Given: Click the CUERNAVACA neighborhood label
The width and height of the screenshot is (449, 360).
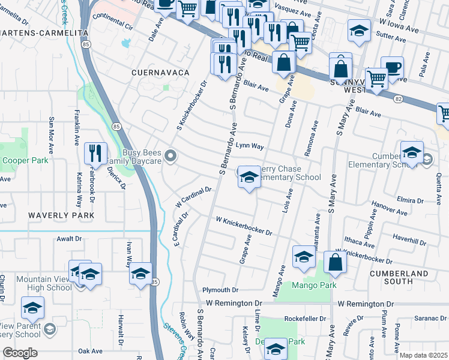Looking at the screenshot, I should tap(160, 72).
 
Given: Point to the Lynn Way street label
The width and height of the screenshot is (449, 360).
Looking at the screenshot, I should tap(250, 146).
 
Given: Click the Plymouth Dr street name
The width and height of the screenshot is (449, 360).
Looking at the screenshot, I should tap(220, 290).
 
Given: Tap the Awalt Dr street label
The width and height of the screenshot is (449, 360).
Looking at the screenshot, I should tap(68, 238).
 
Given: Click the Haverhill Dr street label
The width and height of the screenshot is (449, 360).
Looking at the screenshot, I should tap(406, 239).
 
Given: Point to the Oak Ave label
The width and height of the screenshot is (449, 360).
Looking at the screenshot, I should tap(91, 351).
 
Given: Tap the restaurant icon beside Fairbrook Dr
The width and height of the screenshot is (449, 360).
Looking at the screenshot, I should tap(95, 154).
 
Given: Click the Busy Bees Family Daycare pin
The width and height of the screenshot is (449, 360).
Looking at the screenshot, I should tap(170, 157).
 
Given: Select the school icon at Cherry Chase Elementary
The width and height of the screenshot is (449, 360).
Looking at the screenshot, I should tap(249, 177).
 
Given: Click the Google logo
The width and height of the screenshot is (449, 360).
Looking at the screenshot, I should tap(20, 353).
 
